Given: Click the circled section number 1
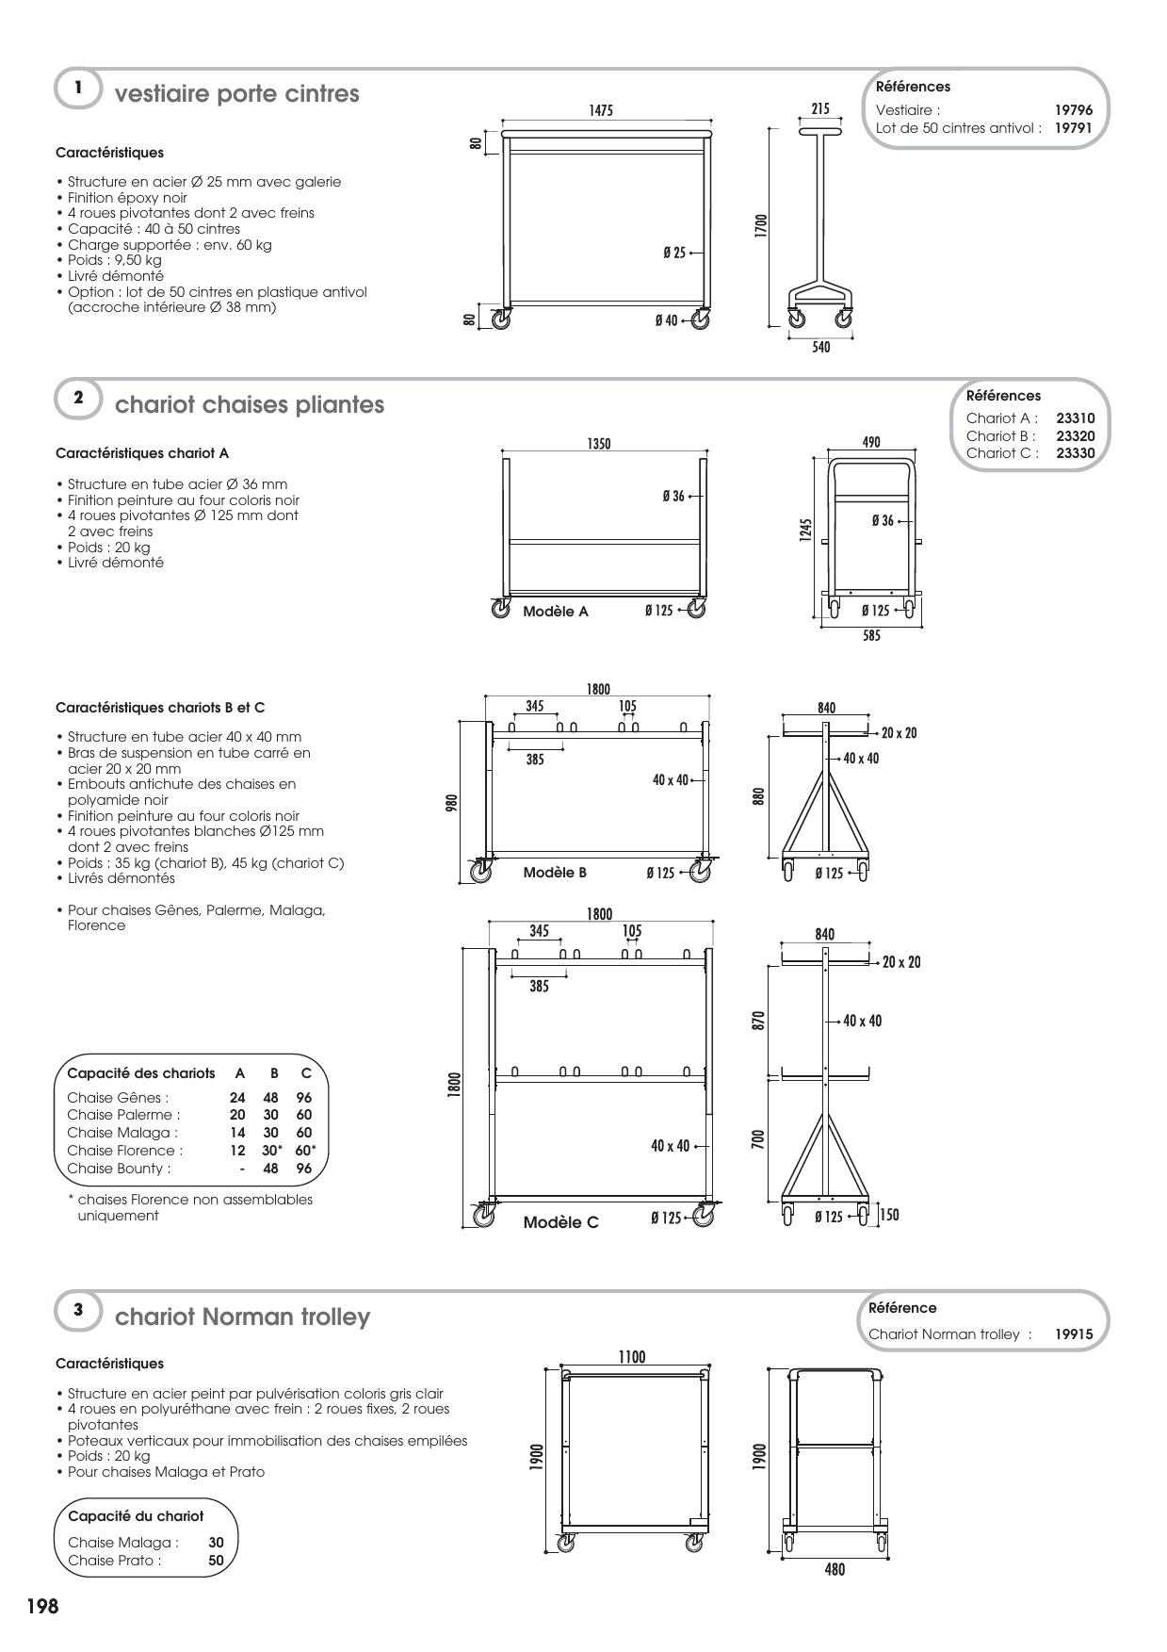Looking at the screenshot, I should coord(78,88).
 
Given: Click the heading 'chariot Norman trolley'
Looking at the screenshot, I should coord(242,1316).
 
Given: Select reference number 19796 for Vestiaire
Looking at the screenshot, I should coord(1073,110).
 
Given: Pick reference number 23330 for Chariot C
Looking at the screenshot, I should coord(1076,452).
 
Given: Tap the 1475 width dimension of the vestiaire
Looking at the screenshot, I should coord(601,110).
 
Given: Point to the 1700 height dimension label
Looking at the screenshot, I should coord(761,226).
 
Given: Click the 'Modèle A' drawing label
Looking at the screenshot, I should coord(556,612).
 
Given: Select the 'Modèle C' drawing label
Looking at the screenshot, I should coord(560,1222).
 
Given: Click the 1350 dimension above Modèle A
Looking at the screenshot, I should coord(599,443).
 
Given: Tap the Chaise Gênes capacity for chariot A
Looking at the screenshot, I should coord(237,1097).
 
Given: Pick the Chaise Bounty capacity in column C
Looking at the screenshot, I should coord(303,1169).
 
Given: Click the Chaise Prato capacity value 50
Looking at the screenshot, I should coord(216,1560).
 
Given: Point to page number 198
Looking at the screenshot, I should coord(42,1607).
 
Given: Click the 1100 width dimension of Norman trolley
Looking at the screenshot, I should coord(632,1356).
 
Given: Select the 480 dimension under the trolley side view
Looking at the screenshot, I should coord(835,1569).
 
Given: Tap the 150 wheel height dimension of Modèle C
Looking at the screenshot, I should coord(890,1214).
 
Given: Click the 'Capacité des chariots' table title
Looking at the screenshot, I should coord(141,1072).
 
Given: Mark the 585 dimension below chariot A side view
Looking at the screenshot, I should coord(871,636).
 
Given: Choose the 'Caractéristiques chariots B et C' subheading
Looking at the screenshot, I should coord(160,707).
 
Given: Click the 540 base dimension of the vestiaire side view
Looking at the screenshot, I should coord(821,348).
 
